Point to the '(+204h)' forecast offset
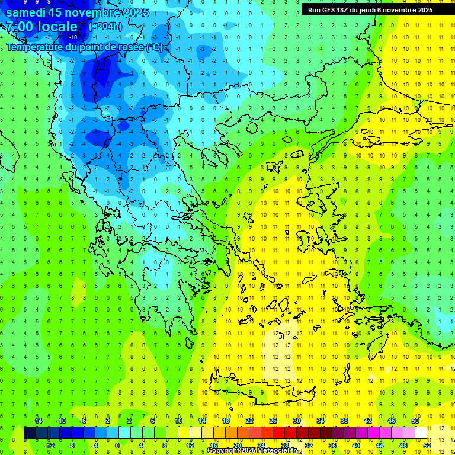[x=105, y=27]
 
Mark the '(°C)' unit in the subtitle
[x=155, y=47]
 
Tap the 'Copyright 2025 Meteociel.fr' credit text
[x=251, y=451]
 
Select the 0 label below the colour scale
[x=118, y=446]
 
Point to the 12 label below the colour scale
[x=190, y=446]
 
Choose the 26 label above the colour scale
[x=273, y=421]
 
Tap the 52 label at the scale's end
[x=427, y=446]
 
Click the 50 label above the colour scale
[x=415, y=421]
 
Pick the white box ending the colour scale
[x=421, y=433]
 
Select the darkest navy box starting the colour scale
[x=30, y=433]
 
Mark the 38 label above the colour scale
[x=344, y=421]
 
